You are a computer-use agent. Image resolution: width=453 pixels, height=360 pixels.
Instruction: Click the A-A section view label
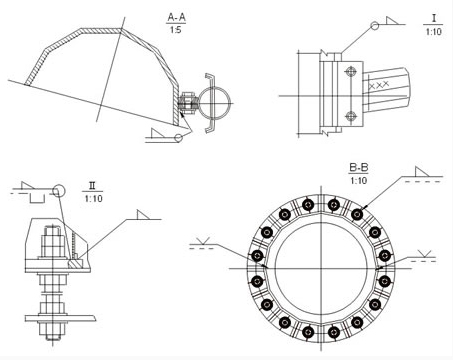176,17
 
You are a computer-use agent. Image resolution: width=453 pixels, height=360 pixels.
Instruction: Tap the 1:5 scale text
176,30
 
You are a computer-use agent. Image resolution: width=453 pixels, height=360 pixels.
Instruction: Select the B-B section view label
359,168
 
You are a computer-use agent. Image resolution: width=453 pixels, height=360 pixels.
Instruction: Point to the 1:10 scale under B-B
359,181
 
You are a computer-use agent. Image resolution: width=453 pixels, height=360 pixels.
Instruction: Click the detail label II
92,186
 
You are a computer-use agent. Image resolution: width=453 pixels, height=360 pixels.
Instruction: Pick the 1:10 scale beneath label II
94,199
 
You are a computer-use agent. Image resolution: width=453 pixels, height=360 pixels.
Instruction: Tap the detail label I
434,18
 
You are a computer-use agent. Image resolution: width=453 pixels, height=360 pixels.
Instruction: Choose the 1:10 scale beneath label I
433,32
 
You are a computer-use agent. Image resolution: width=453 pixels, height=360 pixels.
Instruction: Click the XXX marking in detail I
379,85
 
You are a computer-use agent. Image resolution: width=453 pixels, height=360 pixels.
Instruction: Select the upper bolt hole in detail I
351,72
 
